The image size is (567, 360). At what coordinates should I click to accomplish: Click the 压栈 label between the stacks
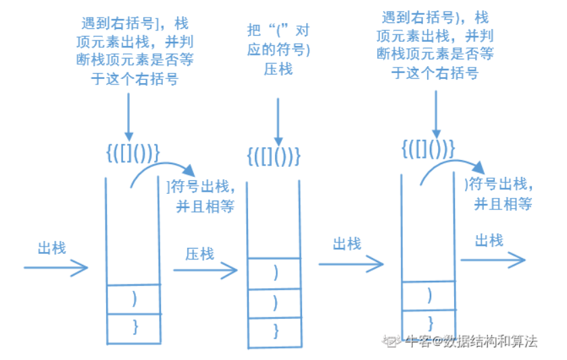click(199, 254)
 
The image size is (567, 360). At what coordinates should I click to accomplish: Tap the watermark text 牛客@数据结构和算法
click(472, 341)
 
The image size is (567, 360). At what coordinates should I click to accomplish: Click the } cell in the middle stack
click(274, 331)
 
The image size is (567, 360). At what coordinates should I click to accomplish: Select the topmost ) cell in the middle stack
click(274, 273)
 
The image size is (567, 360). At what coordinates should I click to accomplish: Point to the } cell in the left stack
click(134, 326)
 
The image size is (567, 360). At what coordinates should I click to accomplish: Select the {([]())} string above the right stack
click(428, 149)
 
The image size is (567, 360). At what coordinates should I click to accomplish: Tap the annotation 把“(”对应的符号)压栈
click(278, 49)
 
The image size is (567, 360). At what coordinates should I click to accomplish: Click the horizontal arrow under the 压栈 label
click(205, 270)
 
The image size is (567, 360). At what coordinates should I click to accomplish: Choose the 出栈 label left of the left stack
click(52, 249)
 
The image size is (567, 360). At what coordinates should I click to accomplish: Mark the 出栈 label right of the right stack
click(489, 241)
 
